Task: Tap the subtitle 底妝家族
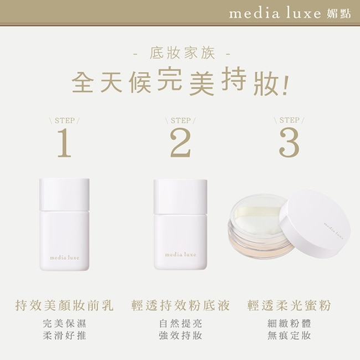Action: [182, 53]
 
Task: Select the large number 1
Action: [64, 142]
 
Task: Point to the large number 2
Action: [181, 142]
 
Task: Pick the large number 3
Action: [289, 142]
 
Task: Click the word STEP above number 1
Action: [64, 121]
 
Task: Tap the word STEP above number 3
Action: [289, 120]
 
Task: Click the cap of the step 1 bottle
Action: [64, 194]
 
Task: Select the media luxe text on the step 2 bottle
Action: [181, 254]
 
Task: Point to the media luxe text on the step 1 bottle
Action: [64, 258]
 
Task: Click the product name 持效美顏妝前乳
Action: [64, 305]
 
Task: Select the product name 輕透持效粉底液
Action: [181, 305]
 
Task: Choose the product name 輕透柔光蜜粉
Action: [289, 305]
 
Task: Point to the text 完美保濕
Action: [64, 323]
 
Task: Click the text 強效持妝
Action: [181, 336]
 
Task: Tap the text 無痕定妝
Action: [289, 336]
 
